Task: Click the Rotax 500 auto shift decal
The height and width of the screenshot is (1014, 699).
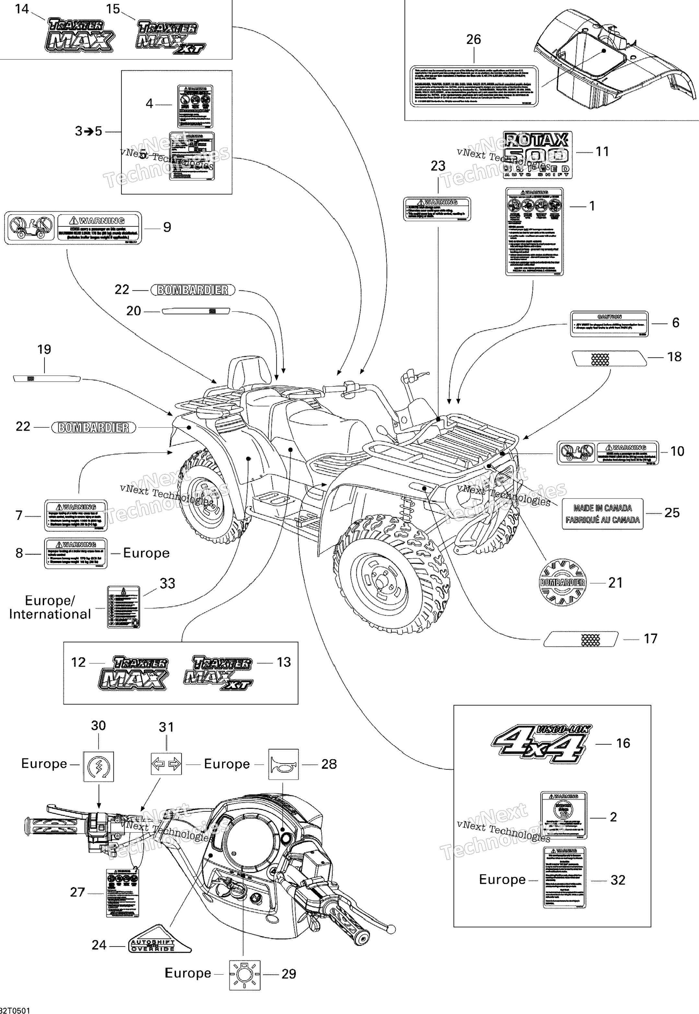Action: (x=537, y=155)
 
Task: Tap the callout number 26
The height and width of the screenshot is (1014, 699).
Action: (x=473, y=40)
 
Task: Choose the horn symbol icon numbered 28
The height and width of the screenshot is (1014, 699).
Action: (x=283, y=764)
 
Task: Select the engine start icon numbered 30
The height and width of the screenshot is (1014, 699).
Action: (x=99, y=766)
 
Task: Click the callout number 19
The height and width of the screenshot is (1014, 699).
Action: (x=44, y=350)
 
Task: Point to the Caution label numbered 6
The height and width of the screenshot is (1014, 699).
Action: (x=609, y=324)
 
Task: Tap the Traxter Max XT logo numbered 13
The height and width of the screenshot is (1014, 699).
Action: (x=218, y=672)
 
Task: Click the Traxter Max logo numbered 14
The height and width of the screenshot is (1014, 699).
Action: (x=79, y=35)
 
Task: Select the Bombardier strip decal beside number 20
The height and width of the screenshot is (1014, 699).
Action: (x=196, y=311)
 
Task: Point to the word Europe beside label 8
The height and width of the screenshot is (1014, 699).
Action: (x=146, y=553)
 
